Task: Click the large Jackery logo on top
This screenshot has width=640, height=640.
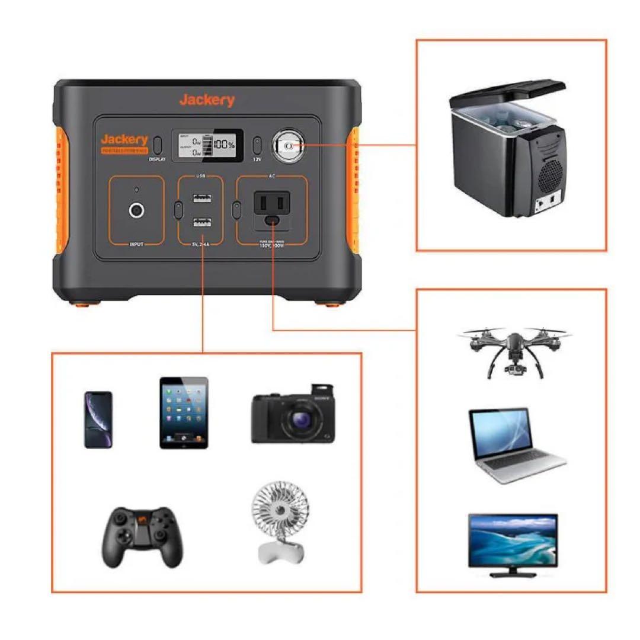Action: point(207,100)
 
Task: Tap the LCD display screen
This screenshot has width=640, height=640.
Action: point(207,145)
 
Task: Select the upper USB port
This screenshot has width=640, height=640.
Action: point(201,199)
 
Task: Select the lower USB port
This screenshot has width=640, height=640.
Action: point(201,223)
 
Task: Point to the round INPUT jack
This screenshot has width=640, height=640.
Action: point(137,210)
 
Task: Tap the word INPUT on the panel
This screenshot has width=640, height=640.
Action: point(136,244)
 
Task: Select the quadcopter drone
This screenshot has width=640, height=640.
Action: point(513,350)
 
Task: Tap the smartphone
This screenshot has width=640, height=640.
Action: point(98,420)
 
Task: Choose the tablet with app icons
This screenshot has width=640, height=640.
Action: point(184,412)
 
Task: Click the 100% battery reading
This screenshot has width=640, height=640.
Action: point(225,145)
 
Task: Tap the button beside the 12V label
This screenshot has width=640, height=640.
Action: point(257,145)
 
